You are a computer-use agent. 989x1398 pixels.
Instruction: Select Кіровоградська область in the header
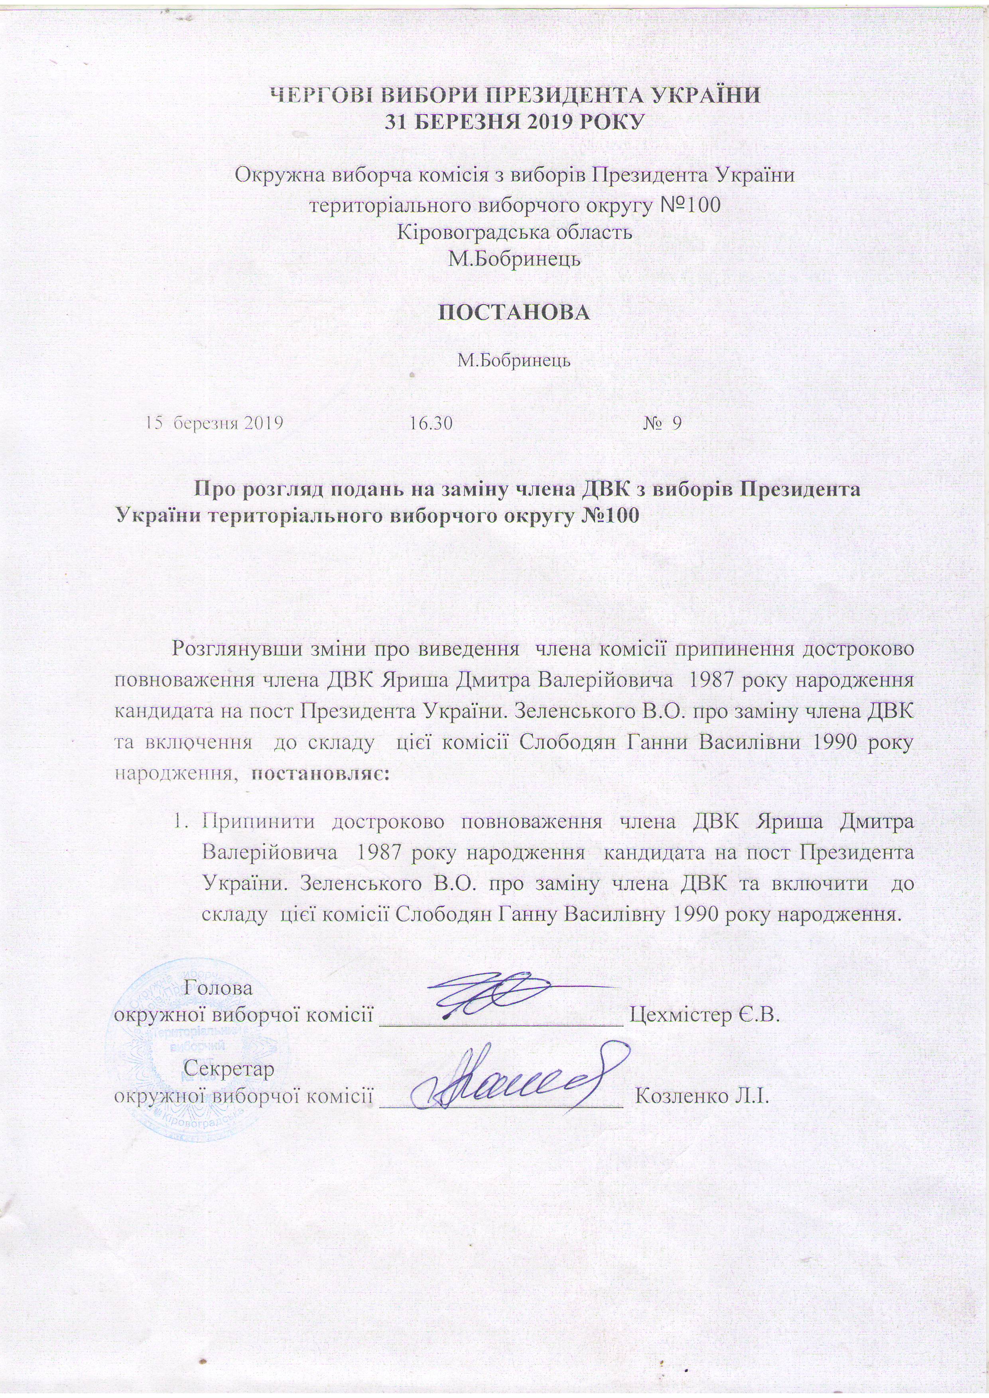pyautogui.click(x=514, y=232)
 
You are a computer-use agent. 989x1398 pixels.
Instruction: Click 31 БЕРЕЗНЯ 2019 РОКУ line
pyautogui.click(x=514, y=122)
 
